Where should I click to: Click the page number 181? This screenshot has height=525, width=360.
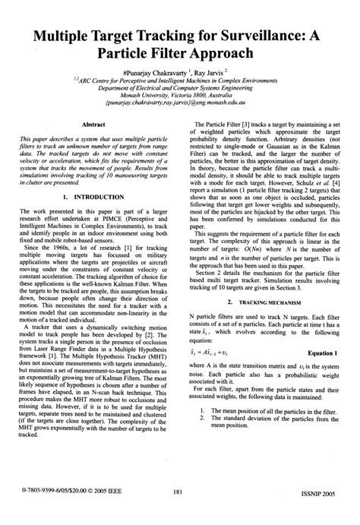tap(179, 512)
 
